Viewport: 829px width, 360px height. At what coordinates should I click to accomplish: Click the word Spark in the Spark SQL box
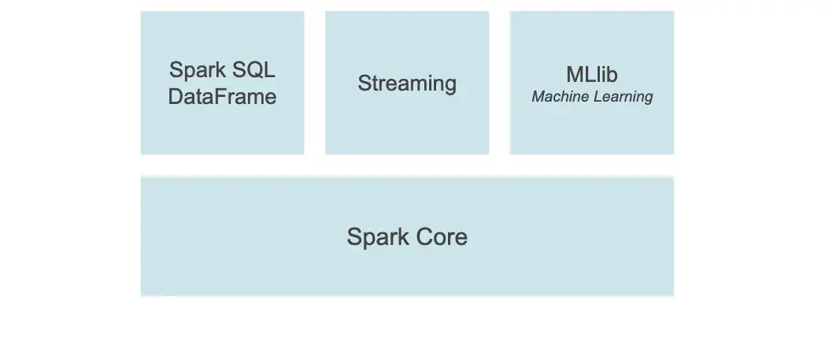(195, 69)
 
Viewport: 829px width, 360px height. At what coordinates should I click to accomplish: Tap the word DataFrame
(222, 97)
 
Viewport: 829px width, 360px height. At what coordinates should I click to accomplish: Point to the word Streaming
(407, 84)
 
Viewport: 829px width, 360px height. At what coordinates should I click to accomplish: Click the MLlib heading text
(592, 75)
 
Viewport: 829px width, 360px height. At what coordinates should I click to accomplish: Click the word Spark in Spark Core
(374, 237)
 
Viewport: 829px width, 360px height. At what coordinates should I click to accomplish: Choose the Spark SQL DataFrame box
(222, 126)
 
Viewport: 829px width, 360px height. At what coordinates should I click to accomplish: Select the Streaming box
(407, 126)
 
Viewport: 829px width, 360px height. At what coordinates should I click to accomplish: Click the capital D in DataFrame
(176, 97)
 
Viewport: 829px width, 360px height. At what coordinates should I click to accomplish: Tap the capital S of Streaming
(364, 84)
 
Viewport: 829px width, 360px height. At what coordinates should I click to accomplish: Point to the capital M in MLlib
(574, 75)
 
